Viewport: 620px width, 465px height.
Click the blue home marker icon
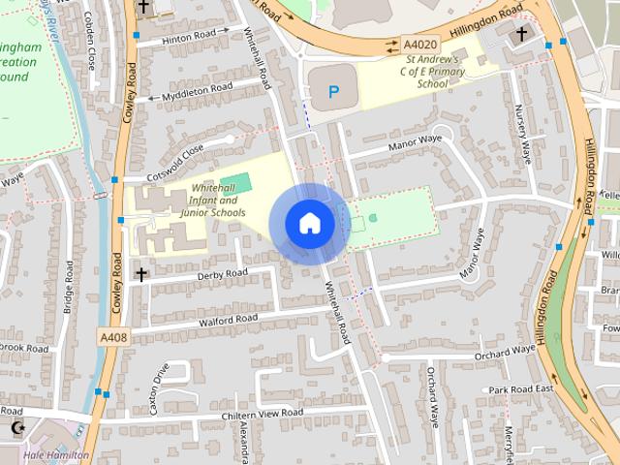tap(310, 224)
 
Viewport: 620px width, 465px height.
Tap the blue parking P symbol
tap(334, 93)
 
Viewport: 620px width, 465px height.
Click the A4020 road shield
tap(420, 45)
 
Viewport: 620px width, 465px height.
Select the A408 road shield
tap(112, 336)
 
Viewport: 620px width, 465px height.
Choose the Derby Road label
tap(223, 273)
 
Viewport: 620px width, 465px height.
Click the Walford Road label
tap(228, 318)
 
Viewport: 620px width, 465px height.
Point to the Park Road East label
tap(520, 389)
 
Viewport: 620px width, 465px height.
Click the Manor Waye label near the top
tap(415, 141)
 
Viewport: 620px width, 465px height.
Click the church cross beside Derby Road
tap(140, 275)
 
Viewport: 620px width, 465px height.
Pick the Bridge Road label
tap(70, 288)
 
